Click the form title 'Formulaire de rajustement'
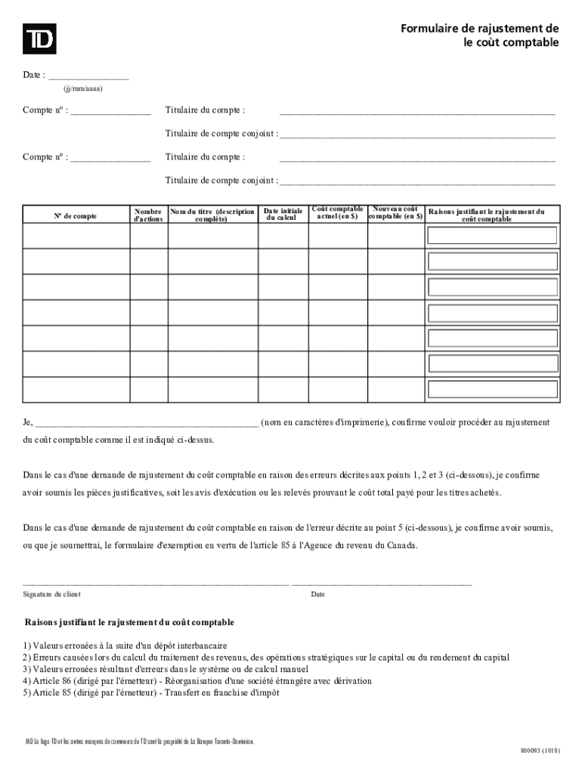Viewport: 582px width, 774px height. pos(480,29)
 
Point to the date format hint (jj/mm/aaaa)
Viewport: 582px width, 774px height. pos(78,88)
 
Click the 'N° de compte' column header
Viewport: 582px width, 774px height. pos(75,215)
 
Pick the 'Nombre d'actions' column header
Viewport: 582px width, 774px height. pos(147,215)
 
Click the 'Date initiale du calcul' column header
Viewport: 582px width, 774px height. pos(283,215)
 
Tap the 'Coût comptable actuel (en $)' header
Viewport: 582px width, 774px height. pos(337,212)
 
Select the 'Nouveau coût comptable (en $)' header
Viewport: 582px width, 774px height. pos(395,212)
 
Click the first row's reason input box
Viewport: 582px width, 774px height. pos(492,235)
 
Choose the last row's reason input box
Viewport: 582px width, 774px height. pos(492,390)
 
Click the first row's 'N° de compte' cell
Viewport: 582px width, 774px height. pos(75,236)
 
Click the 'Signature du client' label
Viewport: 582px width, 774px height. pos(52,595)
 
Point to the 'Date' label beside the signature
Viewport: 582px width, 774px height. pos(317,595)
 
